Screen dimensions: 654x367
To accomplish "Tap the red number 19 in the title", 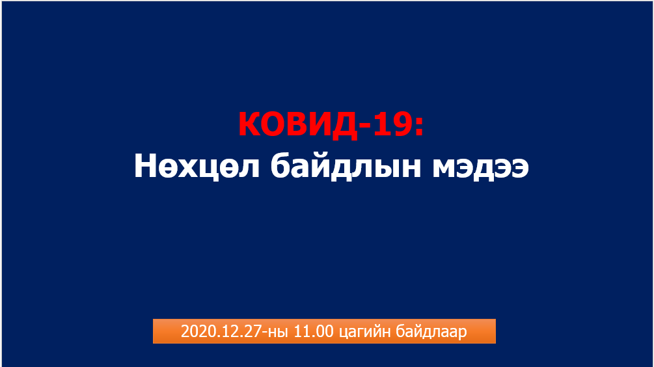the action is click(x=392, y=124).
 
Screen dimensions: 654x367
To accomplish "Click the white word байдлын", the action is click(x=346, y=166).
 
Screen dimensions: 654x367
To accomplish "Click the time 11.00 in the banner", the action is click(x=314, y=332).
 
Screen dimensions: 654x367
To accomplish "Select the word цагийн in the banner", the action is click(x=365, y=333).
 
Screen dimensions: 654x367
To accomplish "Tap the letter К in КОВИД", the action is click(x=250, y=124).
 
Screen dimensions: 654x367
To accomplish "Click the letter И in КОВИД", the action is click(x=319, y=124).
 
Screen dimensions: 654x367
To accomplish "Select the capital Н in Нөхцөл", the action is click(x=145, y=165).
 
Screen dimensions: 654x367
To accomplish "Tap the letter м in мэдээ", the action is click(x=446, y=169).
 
